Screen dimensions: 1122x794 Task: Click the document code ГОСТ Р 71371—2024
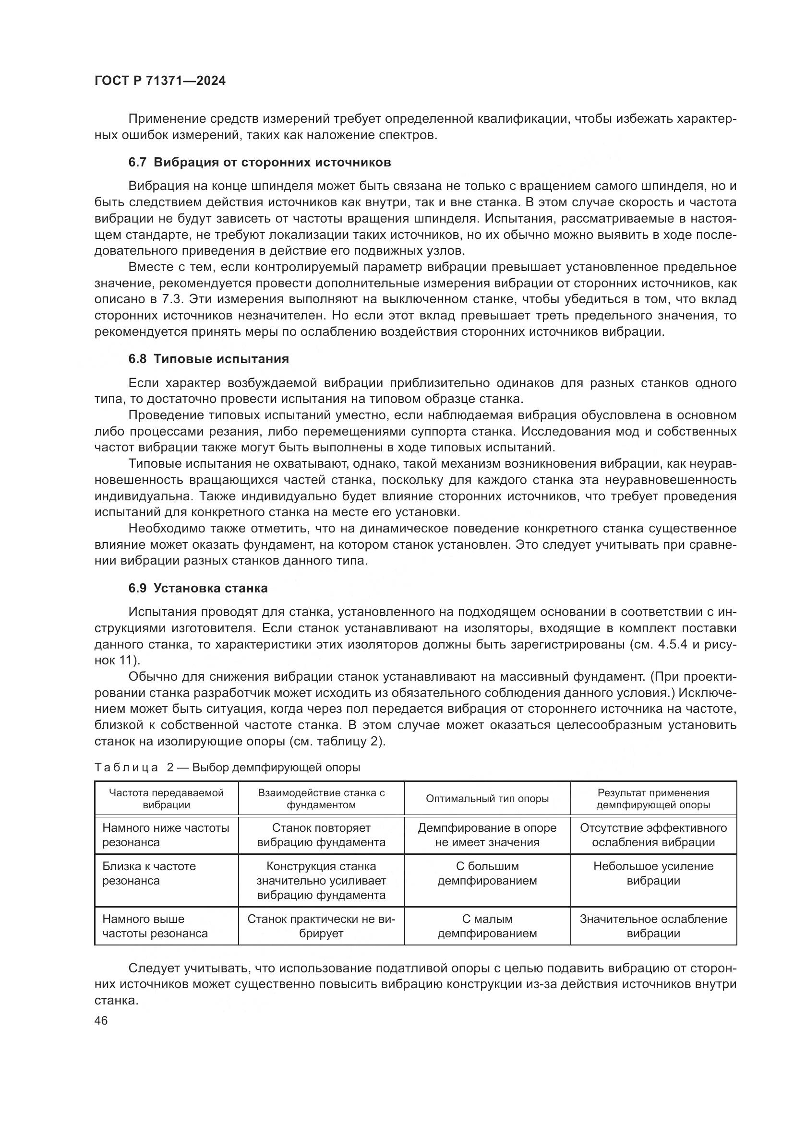160,81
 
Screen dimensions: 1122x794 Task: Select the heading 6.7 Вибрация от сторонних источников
260,162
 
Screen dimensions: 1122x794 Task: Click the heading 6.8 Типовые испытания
209,359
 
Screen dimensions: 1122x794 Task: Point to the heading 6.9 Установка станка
198,589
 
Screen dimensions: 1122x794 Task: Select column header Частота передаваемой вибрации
166,799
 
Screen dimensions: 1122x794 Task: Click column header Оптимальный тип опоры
487,799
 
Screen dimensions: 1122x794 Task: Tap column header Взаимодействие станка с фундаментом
321,799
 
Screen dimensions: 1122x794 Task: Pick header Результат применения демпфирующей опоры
653,799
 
